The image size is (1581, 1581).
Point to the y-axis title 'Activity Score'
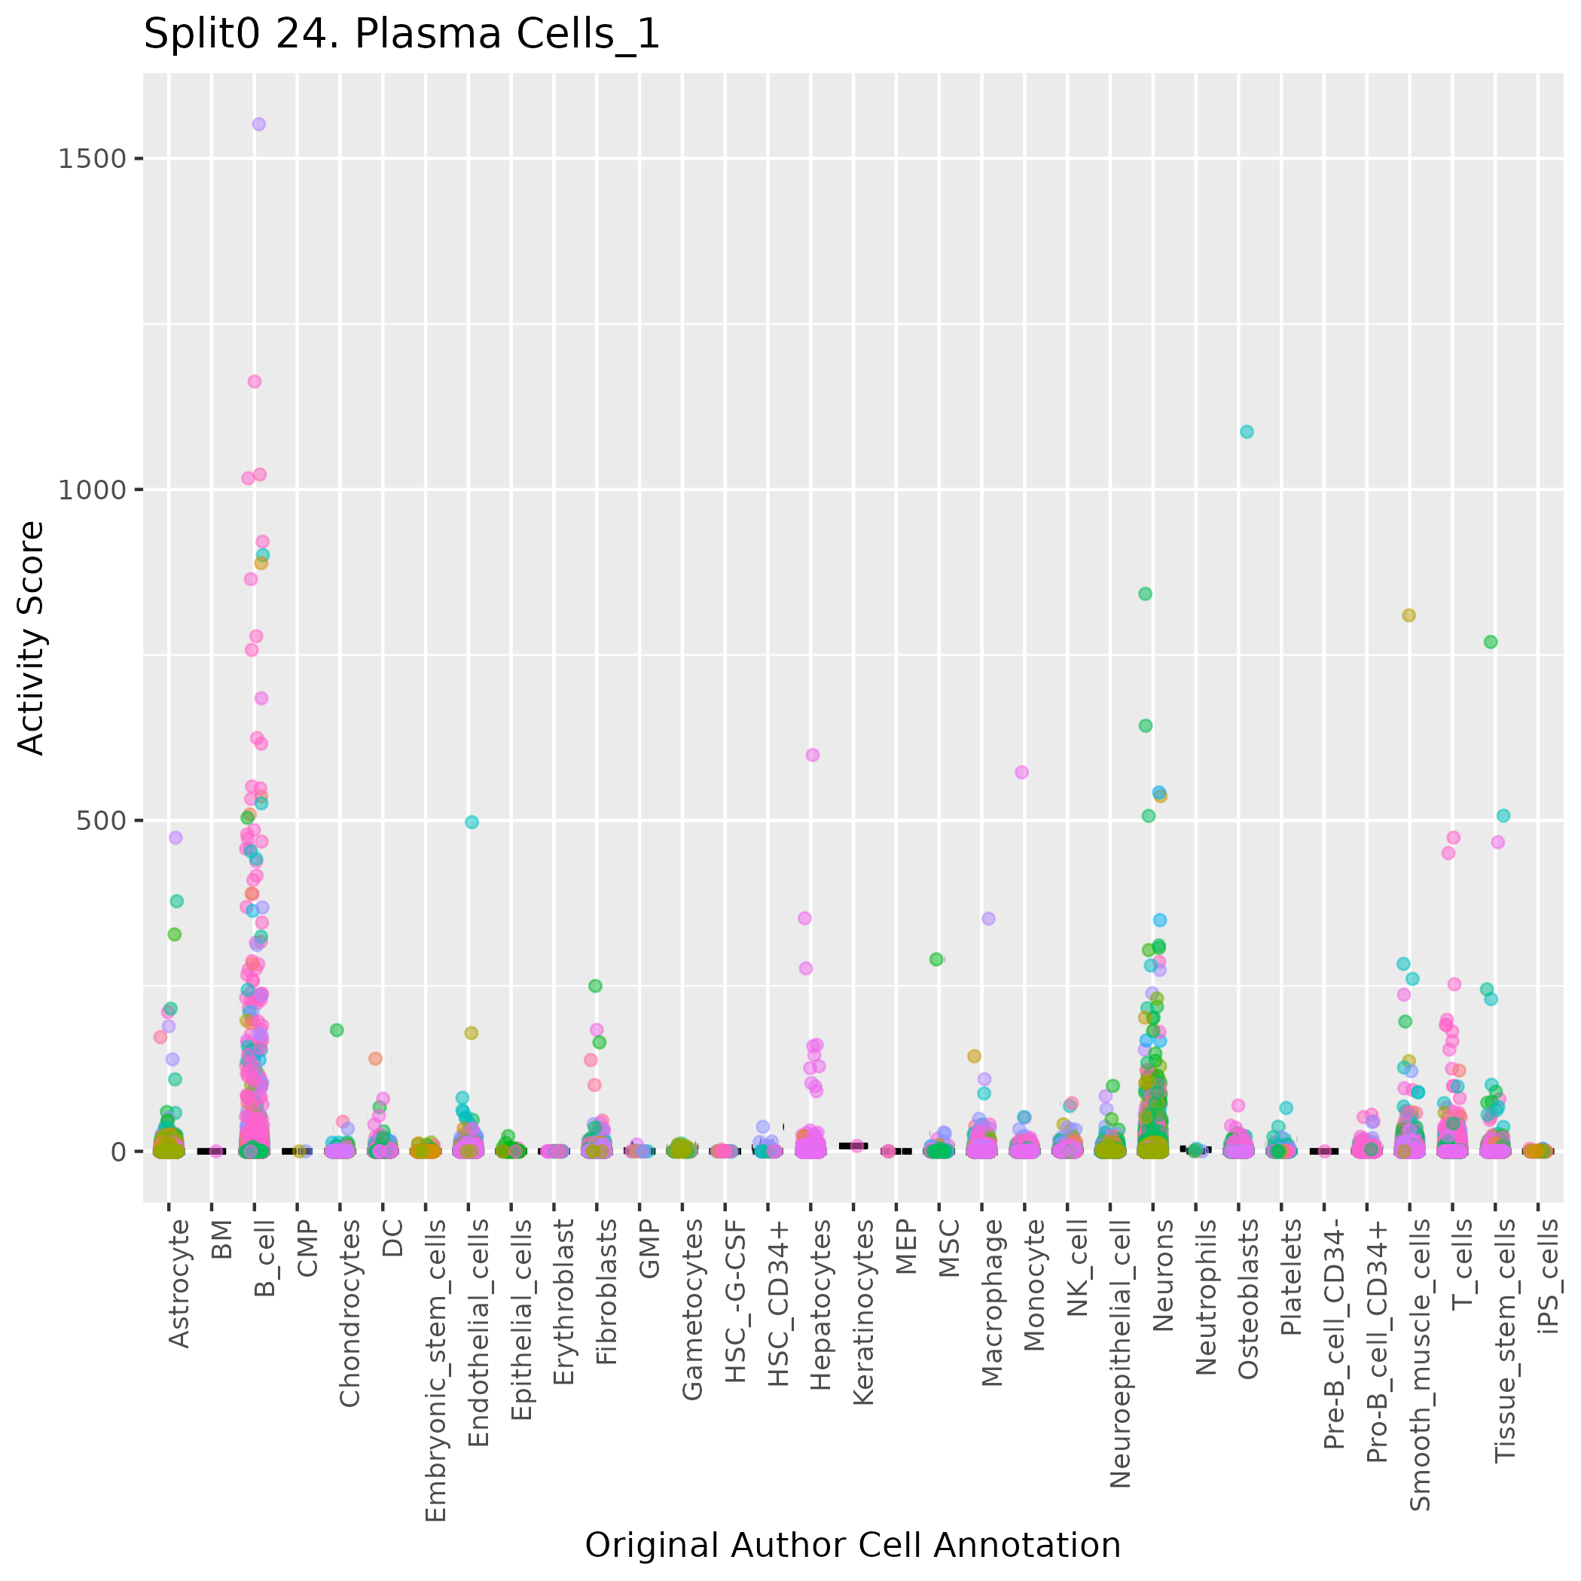31,637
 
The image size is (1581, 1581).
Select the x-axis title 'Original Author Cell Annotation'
853,1545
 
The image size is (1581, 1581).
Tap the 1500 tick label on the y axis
92,159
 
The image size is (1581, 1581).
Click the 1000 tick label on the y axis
92,490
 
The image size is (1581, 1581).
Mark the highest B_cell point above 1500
258,124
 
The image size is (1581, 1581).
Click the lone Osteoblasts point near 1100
1247,432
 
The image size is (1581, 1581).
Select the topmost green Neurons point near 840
1146,594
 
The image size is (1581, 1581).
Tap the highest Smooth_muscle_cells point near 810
1409,616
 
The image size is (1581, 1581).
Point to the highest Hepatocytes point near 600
813,755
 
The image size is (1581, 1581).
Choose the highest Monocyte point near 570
1022,773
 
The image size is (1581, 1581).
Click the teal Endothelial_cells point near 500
472,823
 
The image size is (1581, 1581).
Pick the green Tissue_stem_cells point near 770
1491,642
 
